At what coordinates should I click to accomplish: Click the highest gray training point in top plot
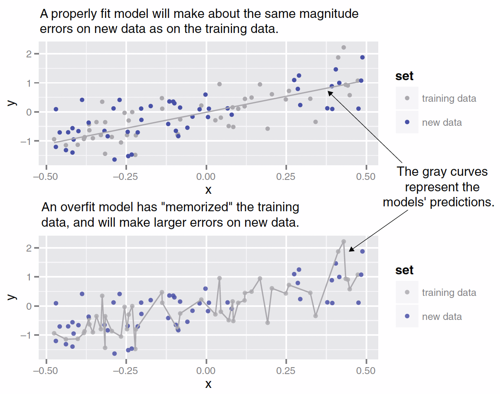pos(343,48)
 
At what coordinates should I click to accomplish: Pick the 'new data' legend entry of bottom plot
pos(442,317)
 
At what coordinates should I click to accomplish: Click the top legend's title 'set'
pos(404,76)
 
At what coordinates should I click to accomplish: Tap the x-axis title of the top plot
pos(208,190)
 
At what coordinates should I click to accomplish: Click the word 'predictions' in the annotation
pos(463,202)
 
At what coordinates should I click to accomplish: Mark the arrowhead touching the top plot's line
pos(329,92)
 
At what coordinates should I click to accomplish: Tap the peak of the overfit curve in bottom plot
pos(343,241)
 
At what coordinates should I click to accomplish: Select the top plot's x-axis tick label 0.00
pos(206,177)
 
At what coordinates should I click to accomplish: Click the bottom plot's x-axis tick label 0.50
pos(366,371)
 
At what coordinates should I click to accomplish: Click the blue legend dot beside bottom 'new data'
pos(407,316)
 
